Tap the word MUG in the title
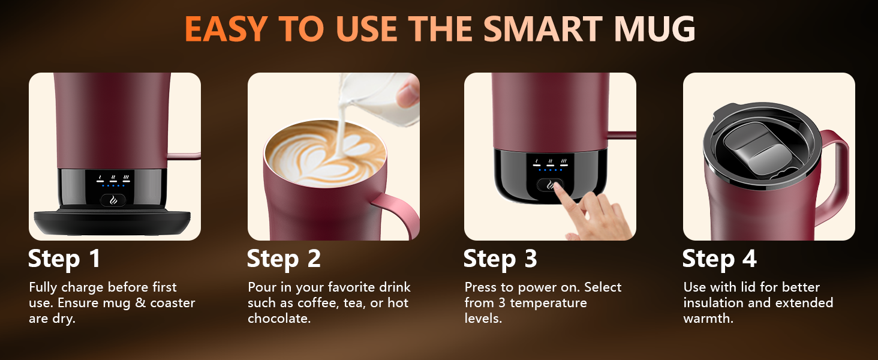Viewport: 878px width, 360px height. point(655,29)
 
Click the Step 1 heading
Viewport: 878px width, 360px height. point(64,259)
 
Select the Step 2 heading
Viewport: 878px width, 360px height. point(284,259)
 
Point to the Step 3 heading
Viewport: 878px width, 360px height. point(500,259)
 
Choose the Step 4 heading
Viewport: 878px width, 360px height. point(719,259)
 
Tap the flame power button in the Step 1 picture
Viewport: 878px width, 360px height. point(113,200)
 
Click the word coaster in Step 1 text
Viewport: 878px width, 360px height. point(173,303)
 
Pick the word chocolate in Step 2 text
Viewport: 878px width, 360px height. point(279,318)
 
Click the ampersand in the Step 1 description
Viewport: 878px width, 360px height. point(140,303)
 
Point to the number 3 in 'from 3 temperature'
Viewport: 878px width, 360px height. point(502,303)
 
